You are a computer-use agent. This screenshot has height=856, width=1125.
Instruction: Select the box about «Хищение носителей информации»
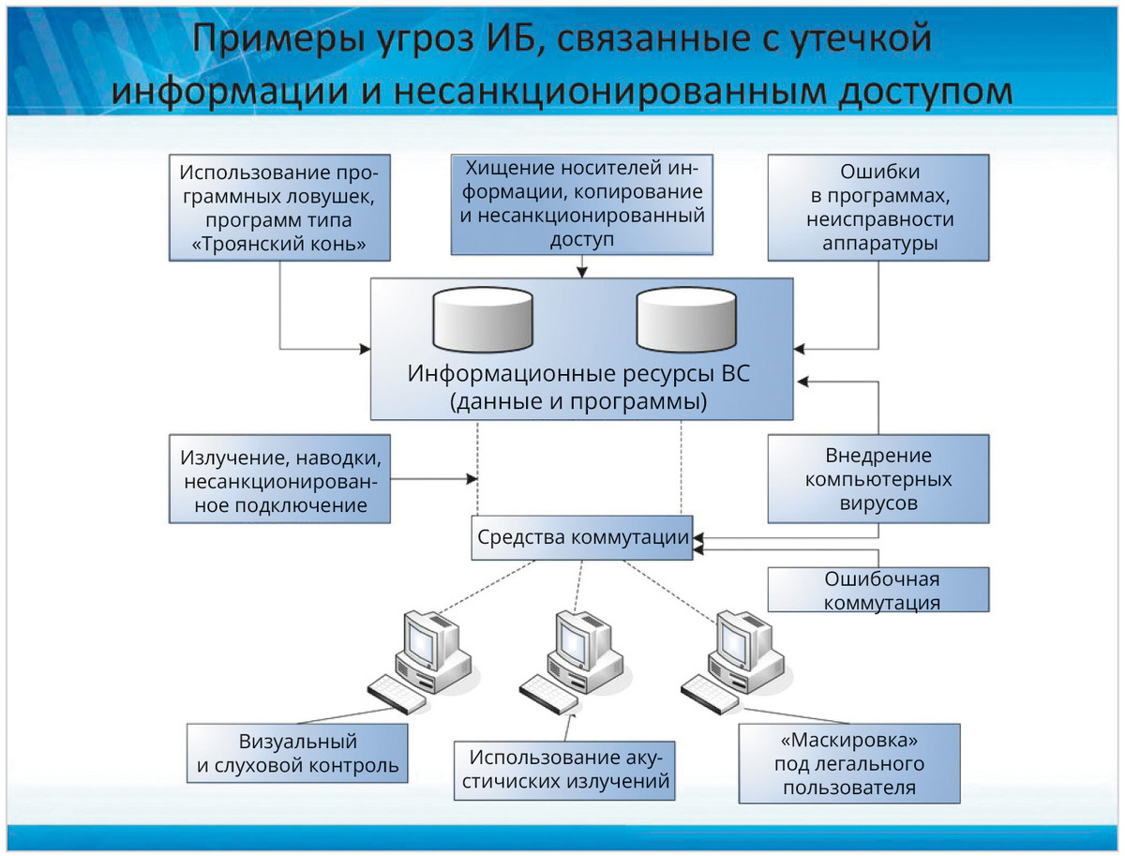pos(580,203)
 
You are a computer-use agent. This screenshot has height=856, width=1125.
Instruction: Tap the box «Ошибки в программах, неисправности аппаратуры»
pos(877,208)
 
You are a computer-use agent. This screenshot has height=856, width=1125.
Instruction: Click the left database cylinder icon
pos(483,319)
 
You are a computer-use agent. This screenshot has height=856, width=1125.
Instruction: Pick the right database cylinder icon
pos(685,319)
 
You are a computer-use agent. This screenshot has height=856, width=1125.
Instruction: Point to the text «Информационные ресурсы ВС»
pos(579,374)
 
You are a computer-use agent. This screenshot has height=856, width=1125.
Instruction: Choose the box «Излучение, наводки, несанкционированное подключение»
pos(280,479)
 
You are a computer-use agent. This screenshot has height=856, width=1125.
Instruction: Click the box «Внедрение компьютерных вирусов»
pos(877,479)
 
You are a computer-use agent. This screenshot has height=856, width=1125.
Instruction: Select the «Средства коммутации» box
pos(582,538)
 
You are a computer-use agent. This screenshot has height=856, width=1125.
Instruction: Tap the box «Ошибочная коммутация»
pos(879,590)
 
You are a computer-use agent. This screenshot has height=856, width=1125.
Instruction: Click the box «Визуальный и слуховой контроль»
pos(296,753)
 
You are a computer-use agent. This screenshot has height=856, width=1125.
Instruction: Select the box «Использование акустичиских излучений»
pos(566,770)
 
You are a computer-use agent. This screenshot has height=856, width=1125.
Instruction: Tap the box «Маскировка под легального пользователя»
pos(850,762)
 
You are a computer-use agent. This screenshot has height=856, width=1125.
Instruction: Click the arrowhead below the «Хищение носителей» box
pos(581,272)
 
